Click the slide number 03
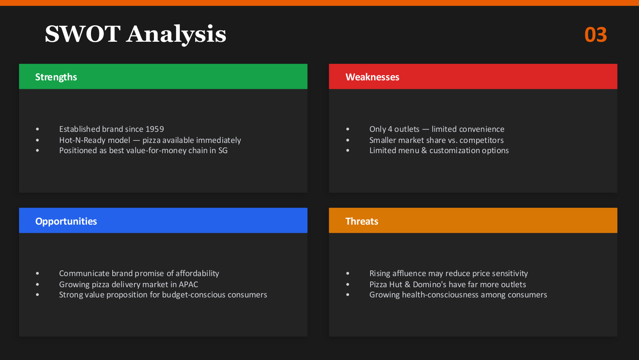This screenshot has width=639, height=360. (x=596, y=35)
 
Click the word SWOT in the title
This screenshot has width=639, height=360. (x=83, y=34)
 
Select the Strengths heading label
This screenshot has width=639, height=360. (x=56, y=77)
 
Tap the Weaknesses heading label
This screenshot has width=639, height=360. (x=372, y=77)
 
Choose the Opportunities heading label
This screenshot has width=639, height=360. (x=66, y=222)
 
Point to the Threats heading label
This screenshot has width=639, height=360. (x=362, y=222)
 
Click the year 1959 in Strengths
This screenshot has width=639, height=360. (x=154, y=129)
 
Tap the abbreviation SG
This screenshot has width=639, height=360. (x=223, y=150)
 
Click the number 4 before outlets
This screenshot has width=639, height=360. (x=390, y=129)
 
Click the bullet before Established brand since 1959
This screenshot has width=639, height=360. (x=37, y=129)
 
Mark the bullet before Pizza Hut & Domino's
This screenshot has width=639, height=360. (x=347, y=285)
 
